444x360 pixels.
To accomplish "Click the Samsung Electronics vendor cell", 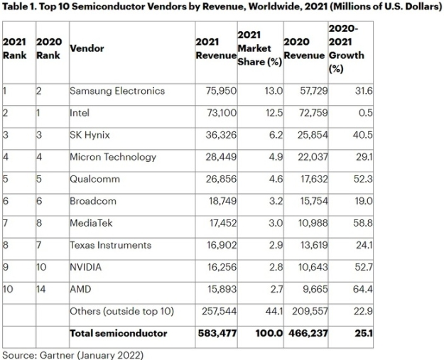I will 117,91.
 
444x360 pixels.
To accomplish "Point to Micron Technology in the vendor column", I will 113,157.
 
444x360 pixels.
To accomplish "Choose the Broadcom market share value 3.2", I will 268,201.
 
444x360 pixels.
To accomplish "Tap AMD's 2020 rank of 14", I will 41,289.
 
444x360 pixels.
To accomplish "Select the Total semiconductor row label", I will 118,333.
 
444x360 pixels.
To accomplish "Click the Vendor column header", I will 87,48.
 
